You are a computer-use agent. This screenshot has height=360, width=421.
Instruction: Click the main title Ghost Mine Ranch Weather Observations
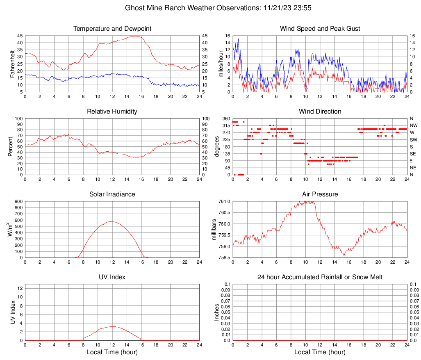[x=210, y=8]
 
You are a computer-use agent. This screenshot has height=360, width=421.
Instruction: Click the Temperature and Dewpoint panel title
[x=112, y=29]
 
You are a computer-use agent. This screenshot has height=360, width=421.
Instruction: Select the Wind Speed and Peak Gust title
[x=320, y=29]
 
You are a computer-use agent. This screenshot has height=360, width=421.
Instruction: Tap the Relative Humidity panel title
[x=112, y=112]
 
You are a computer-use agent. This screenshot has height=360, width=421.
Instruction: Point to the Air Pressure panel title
[x=320, y=194]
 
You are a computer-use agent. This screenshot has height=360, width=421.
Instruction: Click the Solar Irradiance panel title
[x=112, y=194]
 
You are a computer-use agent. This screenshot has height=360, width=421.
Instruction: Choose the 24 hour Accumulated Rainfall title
[x=320, y=277]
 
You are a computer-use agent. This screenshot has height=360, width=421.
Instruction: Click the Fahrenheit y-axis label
[x=12, y=64]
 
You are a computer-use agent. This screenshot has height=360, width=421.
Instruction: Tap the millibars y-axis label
[x=214, y=229]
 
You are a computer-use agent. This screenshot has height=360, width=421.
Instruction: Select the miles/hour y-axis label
[x=221, y=64]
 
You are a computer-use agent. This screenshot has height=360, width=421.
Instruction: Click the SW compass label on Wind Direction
[x=413, y=140]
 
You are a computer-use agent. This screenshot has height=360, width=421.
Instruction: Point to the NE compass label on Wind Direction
[x=413, y=168]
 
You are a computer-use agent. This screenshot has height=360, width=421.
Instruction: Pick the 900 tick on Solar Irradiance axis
[x=19, y=201]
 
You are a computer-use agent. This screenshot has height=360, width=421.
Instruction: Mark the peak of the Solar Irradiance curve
[x=112, y=221]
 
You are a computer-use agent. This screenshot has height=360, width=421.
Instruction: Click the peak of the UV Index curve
[x=112, y=326]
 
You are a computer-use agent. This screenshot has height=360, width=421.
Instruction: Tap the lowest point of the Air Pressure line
[x=344, y=255]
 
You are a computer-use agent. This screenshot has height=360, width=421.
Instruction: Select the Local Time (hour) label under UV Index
[x=112, y=352]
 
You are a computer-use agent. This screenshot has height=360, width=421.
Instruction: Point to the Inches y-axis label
[x=217, y=312]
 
